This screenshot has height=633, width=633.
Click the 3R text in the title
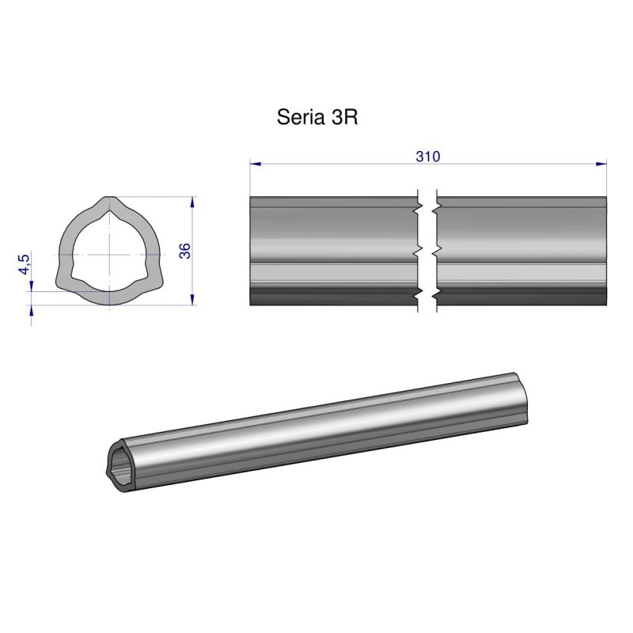click(343, 118)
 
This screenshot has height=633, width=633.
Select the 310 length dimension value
click(428, 156)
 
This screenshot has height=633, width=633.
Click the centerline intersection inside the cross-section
click(105, 254)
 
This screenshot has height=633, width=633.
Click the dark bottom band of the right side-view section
click(522, 297)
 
